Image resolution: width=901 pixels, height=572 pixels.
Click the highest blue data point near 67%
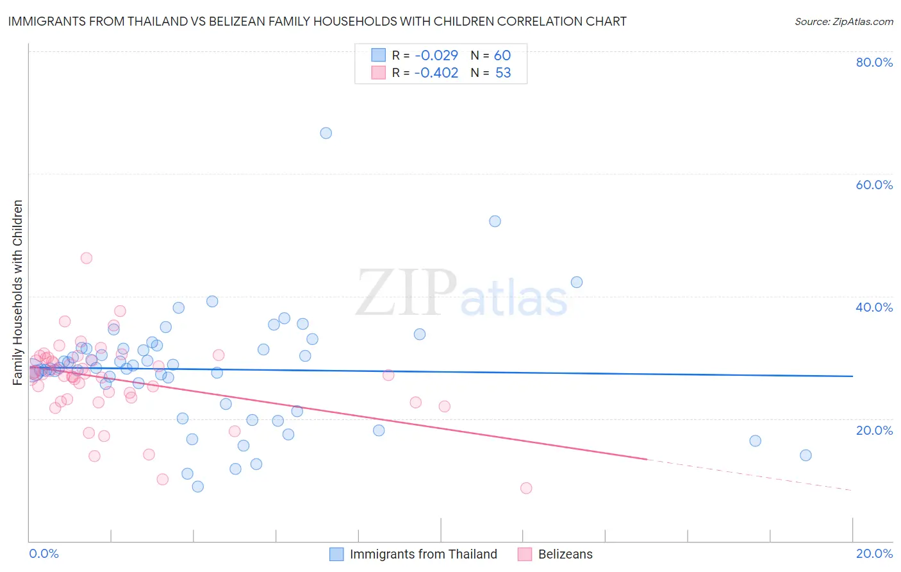pyautogui.click(x=326, y=133)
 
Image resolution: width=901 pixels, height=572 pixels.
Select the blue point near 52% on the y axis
pyautogui.click(x=495, y=221)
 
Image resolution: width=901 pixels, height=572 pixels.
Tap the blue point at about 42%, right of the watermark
pyautogui.click(x=577, y=282)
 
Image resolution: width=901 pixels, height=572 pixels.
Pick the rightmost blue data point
pyautogui.click(x=806, y=455)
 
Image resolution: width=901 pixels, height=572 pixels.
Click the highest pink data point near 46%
pyautogui.click(x=87, y=258)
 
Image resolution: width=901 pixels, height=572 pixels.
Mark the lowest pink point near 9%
pyautogui.click(x=526, y=488)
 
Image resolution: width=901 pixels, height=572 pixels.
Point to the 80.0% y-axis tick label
pyautogui.click(x=874, y=62)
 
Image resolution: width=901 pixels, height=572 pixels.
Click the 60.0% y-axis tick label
pyautogui.click(x=874, y=185)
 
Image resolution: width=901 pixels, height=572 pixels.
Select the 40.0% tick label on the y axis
pyautogui.click(x=874, y=307)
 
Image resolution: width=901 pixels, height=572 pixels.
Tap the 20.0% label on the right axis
pyautogui.click(x=874, y=430)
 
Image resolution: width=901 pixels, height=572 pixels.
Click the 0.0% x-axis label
pyautogui.click(x=44, y=553)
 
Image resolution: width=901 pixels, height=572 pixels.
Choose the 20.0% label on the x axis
pyautogui.click(x=874, y=553)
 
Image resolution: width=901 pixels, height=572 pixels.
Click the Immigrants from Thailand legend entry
pyautogui.click(x=423, y=554)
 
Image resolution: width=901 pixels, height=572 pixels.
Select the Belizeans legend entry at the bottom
pyautogui.click(x=565, y=554)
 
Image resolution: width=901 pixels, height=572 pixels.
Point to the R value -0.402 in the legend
pyautogui.click(x=436, y=73)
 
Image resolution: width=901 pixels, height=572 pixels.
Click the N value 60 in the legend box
pyautogui.click(x=502, y=56)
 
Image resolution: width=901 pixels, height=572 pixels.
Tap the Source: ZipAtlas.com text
pyautogui.click(x=843, y=22)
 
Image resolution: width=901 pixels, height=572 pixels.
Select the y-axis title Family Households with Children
pyautogui.click(x=18, y=292)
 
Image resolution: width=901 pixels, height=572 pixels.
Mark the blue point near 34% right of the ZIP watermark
pyautogui.click(x=420, y=334)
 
